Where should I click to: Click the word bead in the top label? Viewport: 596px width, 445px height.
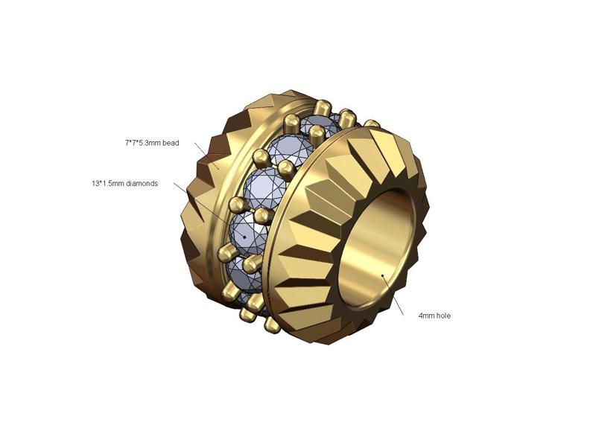click(x=171, y=143)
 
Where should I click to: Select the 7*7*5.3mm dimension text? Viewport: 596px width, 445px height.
click(x=143, y=143)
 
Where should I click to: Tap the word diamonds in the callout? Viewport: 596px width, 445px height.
click(x=142, y=183)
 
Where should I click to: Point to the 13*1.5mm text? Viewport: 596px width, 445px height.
click(x=108, y=183)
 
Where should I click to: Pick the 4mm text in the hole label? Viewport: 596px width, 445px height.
click(x=426, y=316)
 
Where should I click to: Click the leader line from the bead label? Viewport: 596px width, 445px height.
click(x=207, y=156)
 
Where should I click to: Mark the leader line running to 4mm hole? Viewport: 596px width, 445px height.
click(x=393, y=295)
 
